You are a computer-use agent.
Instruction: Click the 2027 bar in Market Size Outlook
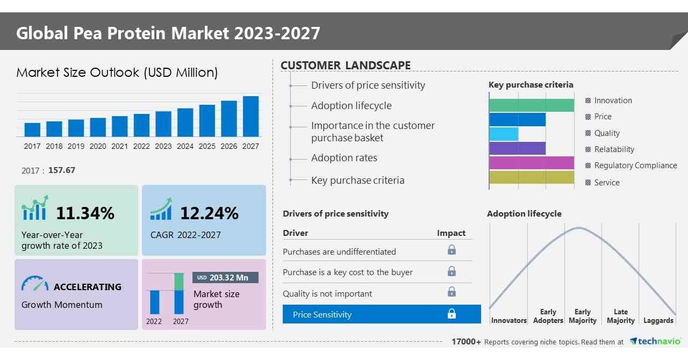[x=250, y=116]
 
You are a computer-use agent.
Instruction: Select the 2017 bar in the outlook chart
[x=32, y=129]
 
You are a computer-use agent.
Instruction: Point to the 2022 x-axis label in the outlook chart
[x=141, y=146]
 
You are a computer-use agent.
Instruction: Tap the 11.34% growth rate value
[x=85, y=213]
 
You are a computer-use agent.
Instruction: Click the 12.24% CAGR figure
[x=209, y=213]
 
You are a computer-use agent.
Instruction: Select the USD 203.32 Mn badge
[x=225, y=277]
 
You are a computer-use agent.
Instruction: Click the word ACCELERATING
[x=88, y=287]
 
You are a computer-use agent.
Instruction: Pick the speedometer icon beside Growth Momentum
[x=35, y=284]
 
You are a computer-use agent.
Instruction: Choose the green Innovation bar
[x=531, y=105]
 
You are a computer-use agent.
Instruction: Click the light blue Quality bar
[x=504, y=134]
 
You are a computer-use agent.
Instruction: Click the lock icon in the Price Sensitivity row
[x=451, y=314]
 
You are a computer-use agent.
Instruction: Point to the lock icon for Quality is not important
[x=451, y=292]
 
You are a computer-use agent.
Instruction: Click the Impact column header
[x=451, y=233]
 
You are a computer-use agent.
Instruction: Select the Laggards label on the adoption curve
[x=658, y=321]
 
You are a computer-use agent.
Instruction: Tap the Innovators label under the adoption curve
[x=508, y=321]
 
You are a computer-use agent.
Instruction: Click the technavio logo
[x=655, y=342]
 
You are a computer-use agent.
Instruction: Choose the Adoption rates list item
[x=344, y=158]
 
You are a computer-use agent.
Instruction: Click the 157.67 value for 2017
[x=62, y=170]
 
